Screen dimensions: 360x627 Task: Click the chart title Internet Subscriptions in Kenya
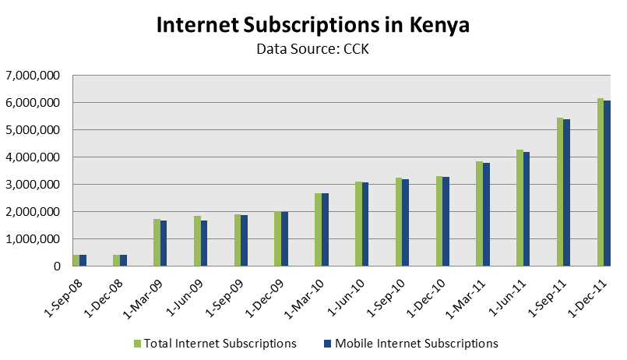tap(313, 25)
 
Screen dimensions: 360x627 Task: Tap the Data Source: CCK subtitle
tap(313, 50)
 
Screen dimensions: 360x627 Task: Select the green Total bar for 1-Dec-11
tap(601, 182)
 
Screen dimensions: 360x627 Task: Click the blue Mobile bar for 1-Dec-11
tap(608, 184)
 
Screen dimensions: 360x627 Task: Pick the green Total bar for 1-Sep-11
tap(560, 192)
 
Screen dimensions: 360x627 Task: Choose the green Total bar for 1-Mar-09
tap(157, 242)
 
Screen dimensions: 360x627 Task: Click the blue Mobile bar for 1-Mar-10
tap(326, 230)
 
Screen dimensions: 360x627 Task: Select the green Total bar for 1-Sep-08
tap(76, 260)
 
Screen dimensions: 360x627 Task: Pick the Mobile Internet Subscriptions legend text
tap(416, 343)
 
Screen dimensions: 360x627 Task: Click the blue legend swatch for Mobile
tap(328, 343)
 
